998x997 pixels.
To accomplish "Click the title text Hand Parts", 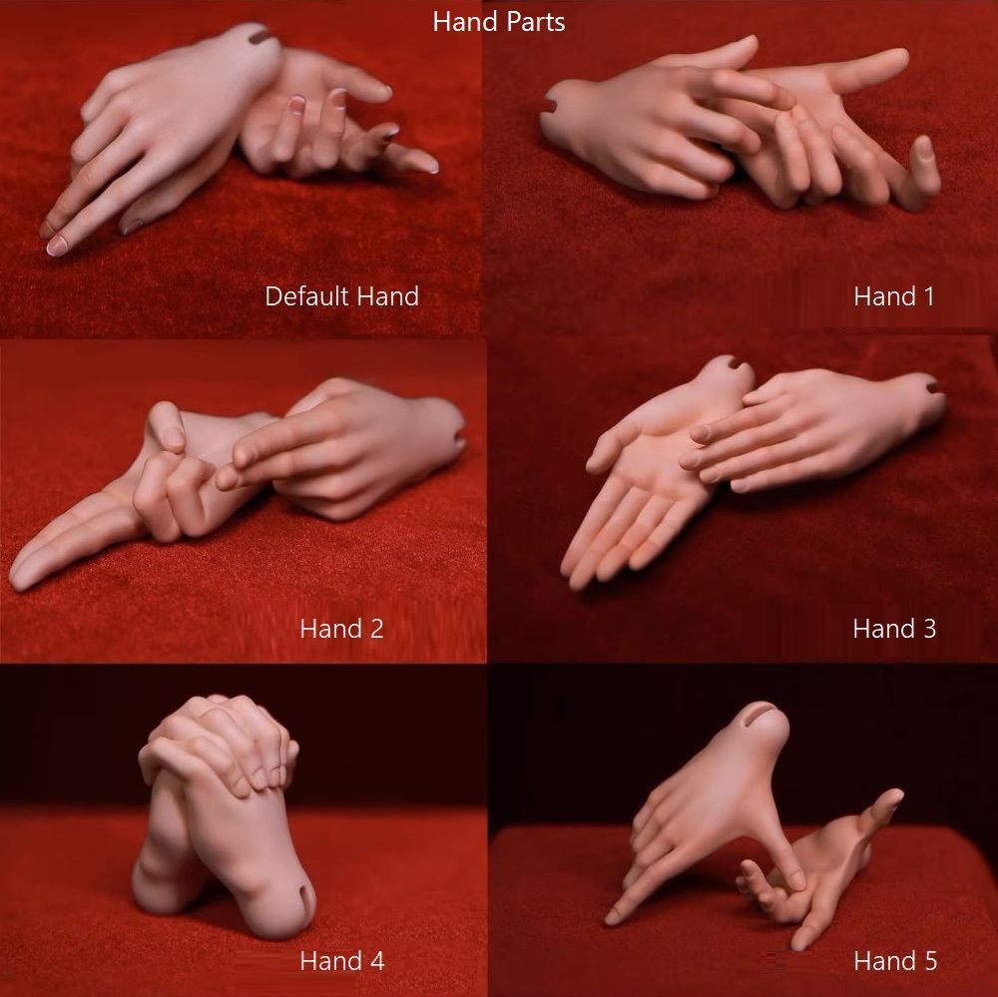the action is click(498, 22).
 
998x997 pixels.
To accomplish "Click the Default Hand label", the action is click(341, 296).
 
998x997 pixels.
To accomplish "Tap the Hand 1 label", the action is click(893, 296).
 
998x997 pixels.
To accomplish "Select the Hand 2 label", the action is click(341, 629).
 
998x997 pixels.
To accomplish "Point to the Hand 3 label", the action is click(894, 629).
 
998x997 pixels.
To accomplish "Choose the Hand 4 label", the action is click(341, 961).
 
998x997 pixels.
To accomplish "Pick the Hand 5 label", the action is click(895, 961).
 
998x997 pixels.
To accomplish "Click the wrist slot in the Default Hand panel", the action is click(260, 37).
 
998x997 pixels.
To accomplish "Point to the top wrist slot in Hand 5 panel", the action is click(760, 714).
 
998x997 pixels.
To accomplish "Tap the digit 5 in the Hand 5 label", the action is click(930, 961).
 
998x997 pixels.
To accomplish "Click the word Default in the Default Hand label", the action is click(306, 296).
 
